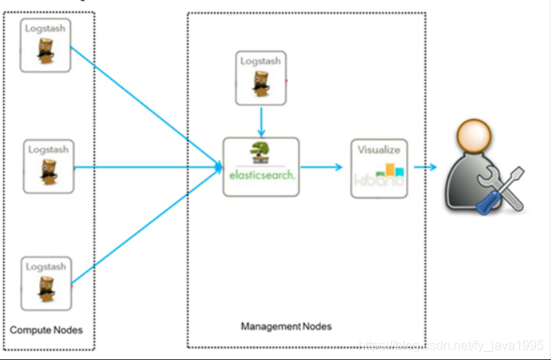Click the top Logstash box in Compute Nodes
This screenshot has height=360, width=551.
45,46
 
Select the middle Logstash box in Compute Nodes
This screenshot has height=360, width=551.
48,166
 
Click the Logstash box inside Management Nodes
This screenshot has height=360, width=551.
260,78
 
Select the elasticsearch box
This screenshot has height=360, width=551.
261,167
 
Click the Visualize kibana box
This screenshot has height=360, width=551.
379,168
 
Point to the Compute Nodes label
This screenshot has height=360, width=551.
46,330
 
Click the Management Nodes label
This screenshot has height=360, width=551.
286,326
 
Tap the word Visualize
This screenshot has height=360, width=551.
379,148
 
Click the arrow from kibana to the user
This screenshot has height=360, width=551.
425,168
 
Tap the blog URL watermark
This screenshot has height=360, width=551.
450,344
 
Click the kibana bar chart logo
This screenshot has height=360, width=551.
391,170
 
